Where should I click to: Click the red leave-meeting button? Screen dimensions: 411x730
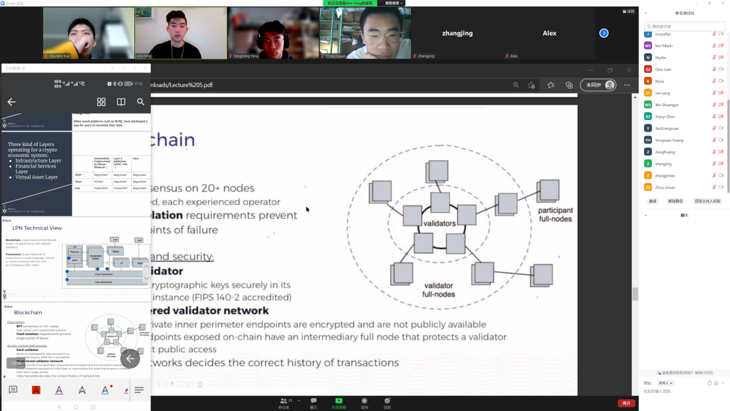coord(626,403)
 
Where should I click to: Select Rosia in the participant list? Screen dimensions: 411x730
coord(659,81)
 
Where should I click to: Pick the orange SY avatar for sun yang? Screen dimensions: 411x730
coord(648,93)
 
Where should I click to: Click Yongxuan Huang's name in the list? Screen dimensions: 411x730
coord(669,140)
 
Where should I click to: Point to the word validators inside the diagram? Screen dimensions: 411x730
coord(440,223)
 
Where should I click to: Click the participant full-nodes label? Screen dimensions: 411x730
coord(555,215)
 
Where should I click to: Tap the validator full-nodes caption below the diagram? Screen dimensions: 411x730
coord(438,290)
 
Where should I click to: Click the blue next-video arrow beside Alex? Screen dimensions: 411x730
coord(604,33)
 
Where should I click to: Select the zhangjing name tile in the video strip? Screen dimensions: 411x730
coord(457,33)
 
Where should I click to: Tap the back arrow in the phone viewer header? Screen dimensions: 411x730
coord(11,102)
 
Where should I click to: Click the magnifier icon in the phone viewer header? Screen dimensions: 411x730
coord(140,102)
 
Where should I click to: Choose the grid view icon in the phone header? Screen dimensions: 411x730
coord(101,102)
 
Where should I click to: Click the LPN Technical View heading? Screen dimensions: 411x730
coord(37,228)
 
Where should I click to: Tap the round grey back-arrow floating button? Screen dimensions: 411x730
coord(130,359)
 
